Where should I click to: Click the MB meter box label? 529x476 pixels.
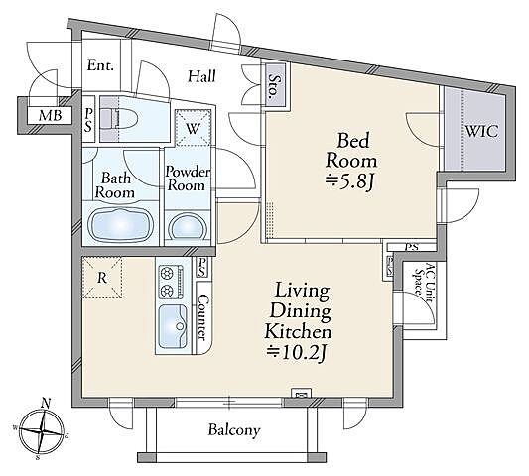[x=50, y=116]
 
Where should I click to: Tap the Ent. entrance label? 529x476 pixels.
[x=100, y=65]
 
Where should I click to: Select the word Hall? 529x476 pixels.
[x=201, y=76]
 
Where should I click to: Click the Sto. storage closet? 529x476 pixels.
[x=274, y=85]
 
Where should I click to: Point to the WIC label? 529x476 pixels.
[x=481, y=131]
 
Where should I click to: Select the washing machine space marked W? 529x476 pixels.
[x=193, y=129]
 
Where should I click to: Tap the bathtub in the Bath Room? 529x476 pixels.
[x=121, y=224]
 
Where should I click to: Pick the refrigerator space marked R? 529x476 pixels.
[x=102, y=278]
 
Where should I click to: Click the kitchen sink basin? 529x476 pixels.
[x=173, y=326]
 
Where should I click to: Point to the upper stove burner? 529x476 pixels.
[x=166, y=273]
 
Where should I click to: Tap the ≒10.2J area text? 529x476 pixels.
[x=296, y=353]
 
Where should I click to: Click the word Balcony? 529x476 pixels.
[x=234, y=430]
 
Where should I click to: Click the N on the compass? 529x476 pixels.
[x=46, y=403]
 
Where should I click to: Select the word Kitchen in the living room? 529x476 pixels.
[x=298, y=332]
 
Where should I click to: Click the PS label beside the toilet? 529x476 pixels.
[x=88, y=120]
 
